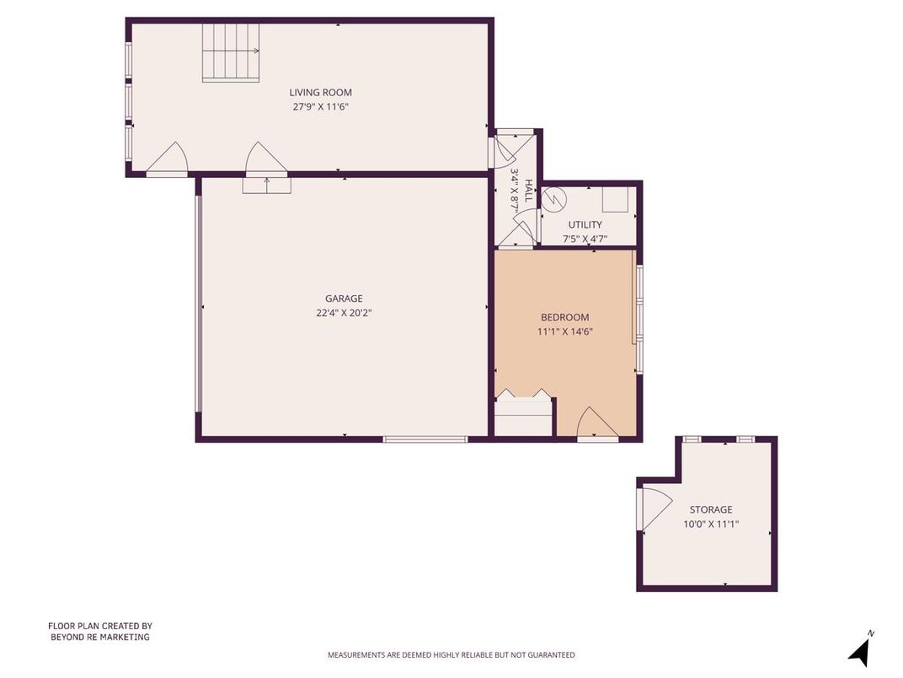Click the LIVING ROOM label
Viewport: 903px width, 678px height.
click(x=320, y=93)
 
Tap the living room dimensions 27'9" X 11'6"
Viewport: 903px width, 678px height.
click(x=320, y=107)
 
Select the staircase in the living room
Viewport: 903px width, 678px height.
click(x=230, y=52)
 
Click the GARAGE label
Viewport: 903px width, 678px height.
click(x=344, y=299)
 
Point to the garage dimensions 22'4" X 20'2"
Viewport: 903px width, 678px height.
click(x=344, y=313)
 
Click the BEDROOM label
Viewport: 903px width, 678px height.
click(x=564, y=317)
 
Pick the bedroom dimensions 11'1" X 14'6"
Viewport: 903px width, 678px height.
click(x=564, y=331)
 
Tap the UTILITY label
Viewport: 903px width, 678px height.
click(x=585, y=224)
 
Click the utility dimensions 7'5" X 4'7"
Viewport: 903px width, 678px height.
click(x=585, y=239)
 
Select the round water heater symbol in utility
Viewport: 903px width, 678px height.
click(x=555, y=200)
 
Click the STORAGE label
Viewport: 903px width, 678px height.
click(x=711, y=509)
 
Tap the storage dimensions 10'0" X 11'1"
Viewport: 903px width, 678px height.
click(x=711, y=524)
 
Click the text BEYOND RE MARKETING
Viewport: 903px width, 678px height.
click(x=99, y=638)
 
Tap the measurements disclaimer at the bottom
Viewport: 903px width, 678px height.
click(x=451, y=654)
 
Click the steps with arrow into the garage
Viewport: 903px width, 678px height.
click(x=266, y=185)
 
